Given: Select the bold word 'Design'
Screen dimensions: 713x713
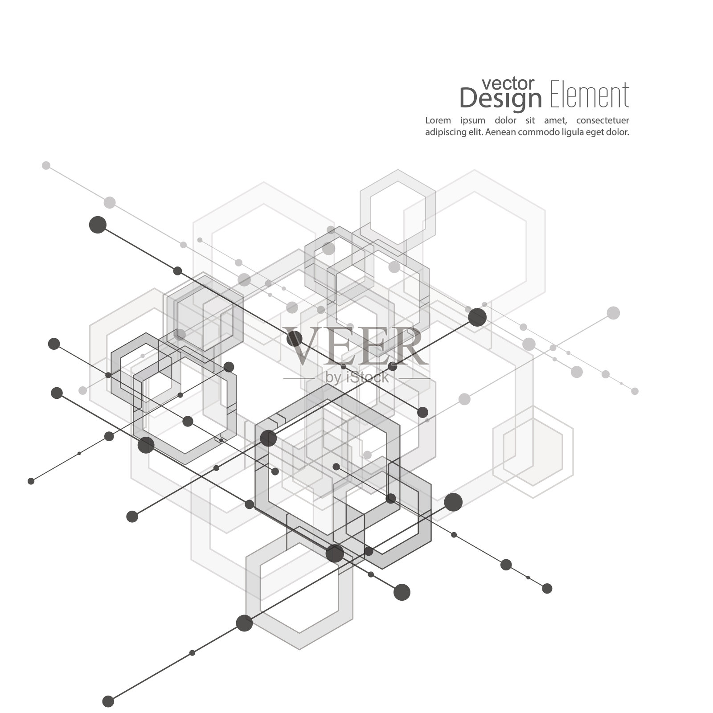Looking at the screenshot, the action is (x=500, y=99).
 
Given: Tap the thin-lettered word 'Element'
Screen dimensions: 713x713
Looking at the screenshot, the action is (x=590, y=95).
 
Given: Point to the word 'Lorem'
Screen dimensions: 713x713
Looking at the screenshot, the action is (x=438, y=120).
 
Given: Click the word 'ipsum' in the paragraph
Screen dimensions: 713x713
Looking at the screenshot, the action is (x=473, y=121).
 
